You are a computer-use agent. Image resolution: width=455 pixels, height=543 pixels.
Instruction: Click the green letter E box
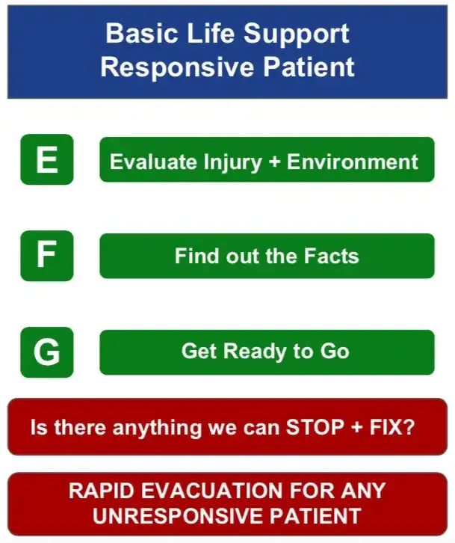pyautogui.click(x=46, y=159)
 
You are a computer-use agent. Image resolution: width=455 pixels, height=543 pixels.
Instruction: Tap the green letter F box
pyautogui.click(x=46, y=256)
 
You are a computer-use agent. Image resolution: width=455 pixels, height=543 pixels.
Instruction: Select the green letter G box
pyautogui.click(x=46, y=352)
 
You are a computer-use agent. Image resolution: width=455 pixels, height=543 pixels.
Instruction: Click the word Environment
pyautogui.click(x=353, y=162)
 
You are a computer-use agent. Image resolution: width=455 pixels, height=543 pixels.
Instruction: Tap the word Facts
pyautogui.click(x=331, y=257)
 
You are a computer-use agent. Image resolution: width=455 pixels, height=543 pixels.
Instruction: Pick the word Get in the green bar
pyautogui.click(x=198, y=352)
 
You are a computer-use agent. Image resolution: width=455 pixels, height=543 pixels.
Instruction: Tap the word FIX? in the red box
pyautogui.click(x=393, y=429)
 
